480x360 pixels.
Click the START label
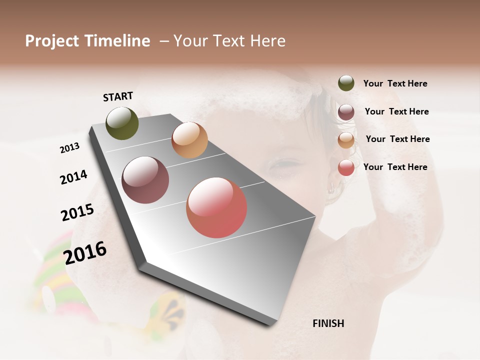pos(118,96)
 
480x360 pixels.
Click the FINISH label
pos(328,323)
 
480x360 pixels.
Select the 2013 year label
pos(69,148)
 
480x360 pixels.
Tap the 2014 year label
pos(73,177)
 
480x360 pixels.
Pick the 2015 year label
pos(77,212)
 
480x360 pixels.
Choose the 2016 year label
pos(85,252)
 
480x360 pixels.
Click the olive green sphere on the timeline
pos(122,123)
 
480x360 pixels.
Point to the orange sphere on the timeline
pos(189,140)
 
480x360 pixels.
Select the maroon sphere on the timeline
pos(145,180)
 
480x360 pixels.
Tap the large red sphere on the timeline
pos(216,207)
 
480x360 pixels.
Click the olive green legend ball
pos(346,83)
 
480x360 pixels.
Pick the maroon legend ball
pos(346,112)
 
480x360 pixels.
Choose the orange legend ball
pos(346,140)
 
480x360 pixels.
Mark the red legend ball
pos(346,167)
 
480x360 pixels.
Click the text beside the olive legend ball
pos(395,83)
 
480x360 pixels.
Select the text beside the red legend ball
pos(395,167)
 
